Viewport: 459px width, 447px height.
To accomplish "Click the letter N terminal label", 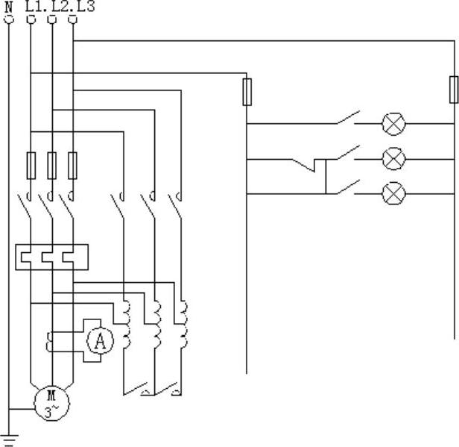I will [9, 6].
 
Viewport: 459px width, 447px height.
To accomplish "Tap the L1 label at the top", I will [34, 6].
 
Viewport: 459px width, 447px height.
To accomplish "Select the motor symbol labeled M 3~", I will [51, 403].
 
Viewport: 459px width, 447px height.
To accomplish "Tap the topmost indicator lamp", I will [393, 124].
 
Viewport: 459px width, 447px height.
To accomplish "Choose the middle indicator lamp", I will [393, 159].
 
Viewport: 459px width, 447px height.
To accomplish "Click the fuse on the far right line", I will [453, 89].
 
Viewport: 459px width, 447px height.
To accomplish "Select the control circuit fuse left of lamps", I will [247, 93].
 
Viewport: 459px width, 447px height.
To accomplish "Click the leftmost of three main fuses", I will [31, 165].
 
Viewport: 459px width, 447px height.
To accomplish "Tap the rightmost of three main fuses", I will [72, 165].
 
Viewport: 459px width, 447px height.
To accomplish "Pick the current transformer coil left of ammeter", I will [50, 343].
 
